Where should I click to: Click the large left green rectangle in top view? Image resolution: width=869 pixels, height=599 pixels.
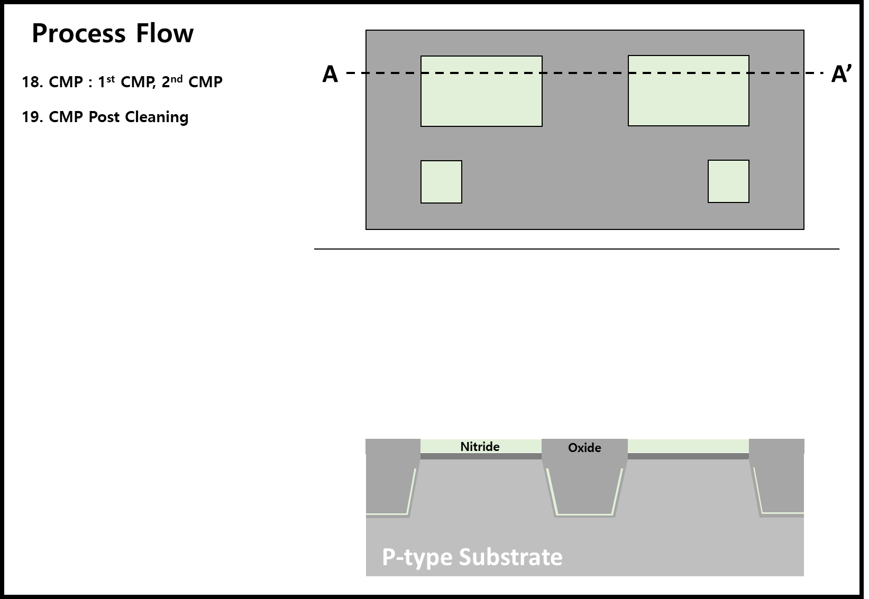(481, 100)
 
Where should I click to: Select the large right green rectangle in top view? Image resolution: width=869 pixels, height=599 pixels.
(688, 100)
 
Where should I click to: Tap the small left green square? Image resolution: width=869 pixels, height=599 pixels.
(441, 182)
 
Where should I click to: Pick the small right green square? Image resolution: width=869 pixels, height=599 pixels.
(728, 181)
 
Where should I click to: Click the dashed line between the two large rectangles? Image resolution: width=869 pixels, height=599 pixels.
(585, 73)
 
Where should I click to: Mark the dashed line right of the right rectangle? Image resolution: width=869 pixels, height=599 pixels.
(775, 73)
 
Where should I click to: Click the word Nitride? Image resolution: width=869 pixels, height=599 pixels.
(480, 447)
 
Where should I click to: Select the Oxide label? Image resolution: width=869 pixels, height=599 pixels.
(584, 448)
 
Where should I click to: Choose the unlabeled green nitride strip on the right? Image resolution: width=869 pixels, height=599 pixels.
(688, 446)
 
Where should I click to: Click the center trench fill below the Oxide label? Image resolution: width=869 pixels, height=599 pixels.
(584, 486)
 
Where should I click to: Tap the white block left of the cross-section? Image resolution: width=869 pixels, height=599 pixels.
(336, 487)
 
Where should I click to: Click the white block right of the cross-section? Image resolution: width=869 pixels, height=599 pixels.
(831, 486)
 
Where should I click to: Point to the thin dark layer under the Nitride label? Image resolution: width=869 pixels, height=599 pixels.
(481, 456)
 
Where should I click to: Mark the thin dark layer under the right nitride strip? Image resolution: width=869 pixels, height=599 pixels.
(688, 456)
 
